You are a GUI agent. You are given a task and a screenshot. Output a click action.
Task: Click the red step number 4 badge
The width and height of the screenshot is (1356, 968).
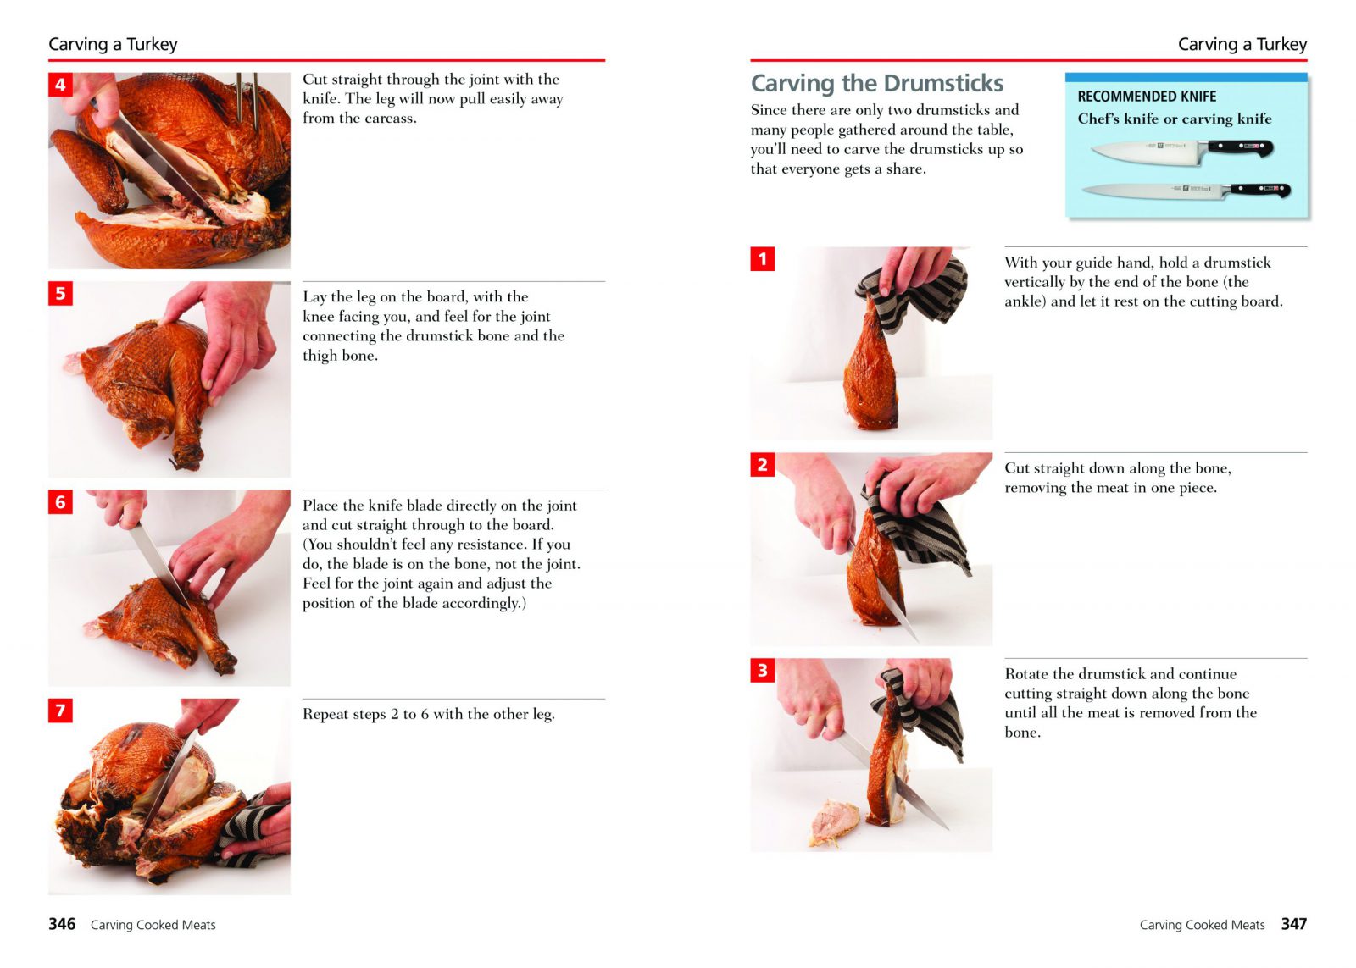[60, 85]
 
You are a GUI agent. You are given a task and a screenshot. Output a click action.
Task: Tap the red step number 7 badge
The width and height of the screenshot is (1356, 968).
[60, 711]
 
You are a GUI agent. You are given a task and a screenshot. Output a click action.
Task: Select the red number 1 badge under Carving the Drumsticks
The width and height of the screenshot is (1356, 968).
[762, 259]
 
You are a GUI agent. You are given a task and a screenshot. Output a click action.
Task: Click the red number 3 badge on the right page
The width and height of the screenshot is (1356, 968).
[762, 671]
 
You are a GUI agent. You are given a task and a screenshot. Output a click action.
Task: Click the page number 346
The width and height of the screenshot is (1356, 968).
[62, 924]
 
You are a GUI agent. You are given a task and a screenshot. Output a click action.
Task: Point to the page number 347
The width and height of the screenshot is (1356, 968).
[1293, 924]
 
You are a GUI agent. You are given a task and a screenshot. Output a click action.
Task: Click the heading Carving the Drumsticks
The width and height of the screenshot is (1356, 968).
[876, 84]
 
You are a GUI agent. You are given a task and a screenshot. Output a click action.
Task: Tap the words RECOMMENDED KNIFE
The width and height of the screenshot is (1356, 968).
[1147, 97]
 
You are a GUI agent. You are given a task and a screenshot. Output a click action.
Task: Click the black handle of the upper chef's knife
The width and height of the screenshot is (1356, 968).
[1240, 147]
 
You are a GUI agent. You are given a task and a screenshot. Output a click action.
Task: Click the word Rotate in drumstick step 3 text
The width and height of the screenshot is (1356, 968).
[1026, 673]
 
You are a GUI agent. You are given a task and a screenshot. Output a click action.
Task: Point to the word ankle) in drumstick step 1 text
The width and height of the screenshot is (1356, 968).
[1025, 301]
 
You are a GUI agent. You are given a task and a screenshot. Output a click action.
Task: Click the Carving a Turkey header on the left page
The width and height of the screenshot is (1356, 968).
[114, 44]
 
